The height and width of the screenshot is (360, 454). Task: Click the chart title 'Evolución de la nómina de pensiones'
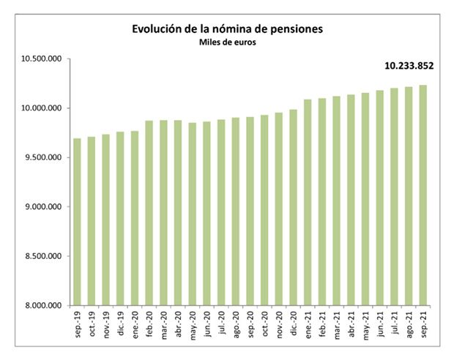[227, 29]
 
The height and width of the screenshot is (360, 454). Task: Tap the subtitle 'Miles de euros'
[227, 42]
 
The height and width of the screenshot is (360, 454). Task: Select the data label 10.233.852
[409, 66]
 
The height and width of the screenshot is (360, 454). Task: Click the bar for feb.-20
[149, 213]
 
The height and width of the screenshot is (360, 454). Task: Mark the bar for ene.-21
[308, 202]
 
